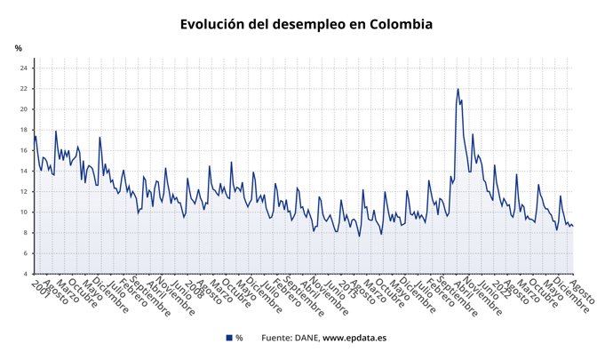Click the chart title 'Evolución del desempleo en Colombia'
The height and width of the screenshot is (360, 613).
(x=306, y=24)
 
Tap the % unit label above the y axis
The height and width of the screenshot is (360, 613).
(x=18, y=48)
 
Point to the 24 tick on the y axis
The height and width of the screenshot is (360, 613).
(x=25, y=68)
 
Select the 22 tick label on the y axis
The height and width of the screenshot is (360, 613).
(x=25, y=89)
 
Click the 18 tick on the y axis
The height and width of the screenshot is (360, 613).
(x=25, y=130)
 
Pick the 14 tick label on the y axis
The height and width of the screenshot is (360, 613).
(x=25, y=171)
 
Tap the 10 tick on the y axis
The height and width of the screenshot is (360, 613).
(x=25, y=212)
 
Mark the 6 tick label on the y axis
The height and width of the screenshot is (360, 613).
(x=27, y=253)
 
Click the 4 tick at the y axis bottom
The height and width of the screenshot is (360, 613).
(x=27, y=274)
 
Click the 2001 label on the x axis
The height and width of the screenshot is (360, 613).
(x=39, y=290)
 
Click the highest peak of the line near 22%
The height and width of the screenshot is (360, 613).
(x=458, y=89)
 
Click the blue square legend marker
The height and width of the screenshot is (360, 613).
(x=229, y=338)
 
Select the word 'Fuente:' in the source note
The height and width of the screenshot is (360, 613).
(x=277, y=338)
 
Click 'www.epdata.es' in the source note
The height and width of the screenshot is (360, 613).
(x=354, y=338)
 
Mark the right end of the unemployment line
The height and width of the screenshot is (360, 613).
(x=573, y=226)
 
